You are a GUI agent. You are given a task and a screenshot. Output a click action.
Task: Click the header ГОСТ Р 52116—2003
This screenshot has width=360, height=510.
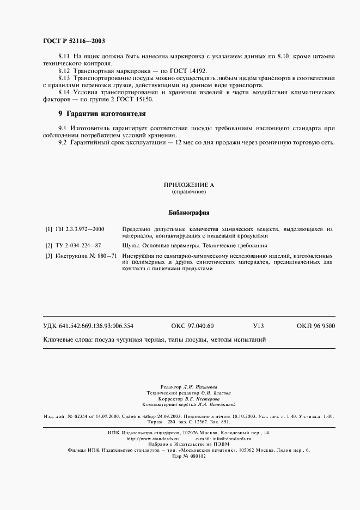[74, 41]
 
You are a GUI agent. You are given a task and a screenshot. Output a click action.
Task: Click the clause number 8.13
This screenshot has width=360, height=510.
[64, 78]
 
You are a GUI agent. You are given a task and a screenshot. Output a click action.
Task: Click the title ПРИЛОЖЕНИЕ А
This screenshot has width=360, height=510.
[188, 185]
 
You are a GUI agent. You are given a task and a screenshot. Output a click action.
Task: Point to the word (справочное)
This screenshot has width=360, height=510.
[188, 192]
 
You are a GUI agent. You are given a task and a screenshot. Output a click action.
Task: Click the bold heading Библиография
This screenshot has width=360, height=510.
[188, 213]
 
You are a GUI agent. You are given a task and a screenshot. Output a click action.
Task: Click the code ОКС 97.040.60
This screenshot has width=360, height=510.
[192, 326]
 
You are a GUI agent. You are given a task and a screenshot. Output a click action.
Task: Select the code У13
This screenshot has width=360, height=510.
[258, 326]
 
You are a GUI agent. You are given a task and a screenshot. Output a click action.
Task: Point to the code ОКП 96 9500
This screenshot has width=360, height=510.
[316, 326]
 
